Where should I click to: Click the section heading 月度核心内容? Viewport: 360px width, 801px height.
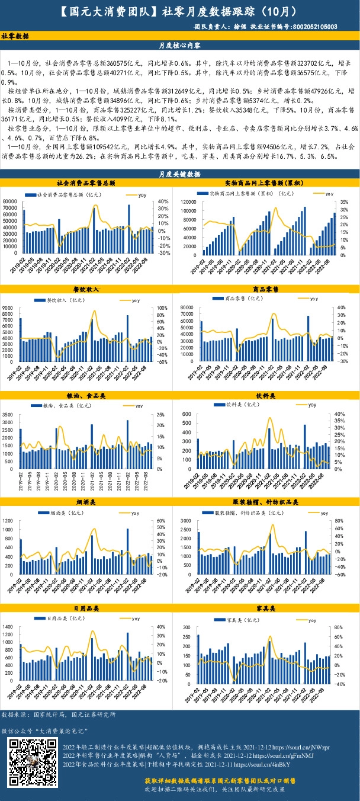pyautogui.click(x=180, y=45)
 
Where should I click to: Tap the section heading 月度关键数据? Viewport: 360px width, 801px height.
pyautogui.click(x=180, y=174)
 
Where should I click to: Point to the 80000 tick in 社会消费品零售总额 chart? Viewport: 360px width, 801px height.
pyautogui.click(x=9, y=202)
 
